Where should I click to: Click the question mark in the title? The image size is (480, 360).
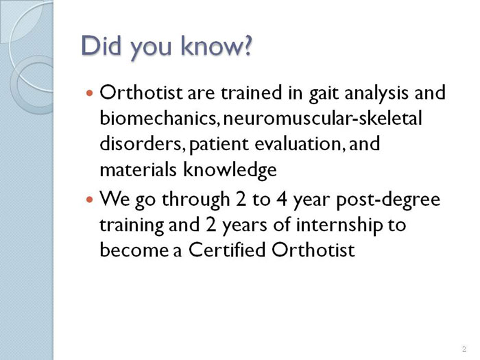click(x=245, y=45)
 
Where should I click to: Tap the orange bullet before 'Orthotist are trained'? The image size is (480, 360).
click(x=89, y=93)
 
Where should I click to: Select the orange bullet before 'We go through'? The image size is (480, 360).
click(x=89, y=200)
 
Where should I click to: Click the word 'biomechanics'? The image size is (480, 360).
click(x=158, y=118)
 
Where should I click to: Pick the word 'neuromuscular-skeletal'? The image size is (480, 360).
click(x=323, y=118)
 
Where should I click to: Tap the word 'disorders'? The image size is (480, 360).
click(x=141, y=143)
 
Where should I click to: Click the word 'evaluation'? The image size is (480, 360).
click(x=298, y=143)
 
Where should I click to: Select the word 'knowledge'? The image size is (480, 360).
click(x=230, y=169)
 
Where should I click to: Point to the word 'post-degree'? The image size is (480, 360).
click(x=388, y=200)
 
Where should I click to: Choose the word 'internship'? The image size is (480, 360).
click(x=339, y=226)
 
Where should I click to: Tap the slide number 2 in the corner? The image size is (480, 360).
click(x=464, y=348)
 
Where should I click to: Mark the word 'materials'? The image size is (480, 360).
click(x=138, y=169)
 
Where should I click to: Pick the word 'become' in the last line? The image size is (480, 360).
click(x=134, y=250)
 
